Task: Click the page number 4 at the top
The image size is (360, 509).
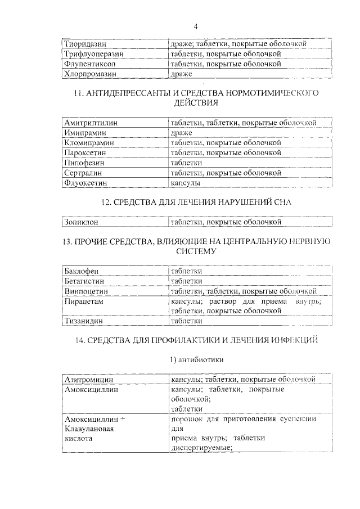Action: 196,26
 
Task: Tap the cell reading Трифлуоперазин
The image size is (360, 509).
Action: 93,53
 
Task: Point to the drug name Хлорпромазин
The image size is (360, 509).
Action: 89,74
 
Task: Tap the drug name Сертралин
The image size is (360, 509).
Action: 85,173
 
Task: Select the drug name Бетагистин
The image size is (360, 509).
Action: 84,281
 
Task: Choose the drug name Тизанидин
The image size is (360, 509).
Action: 85,321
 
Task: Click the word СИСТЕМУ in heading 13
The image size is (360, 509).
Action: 196,253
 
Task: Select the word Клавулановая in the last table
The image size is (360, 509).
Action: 89,429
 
